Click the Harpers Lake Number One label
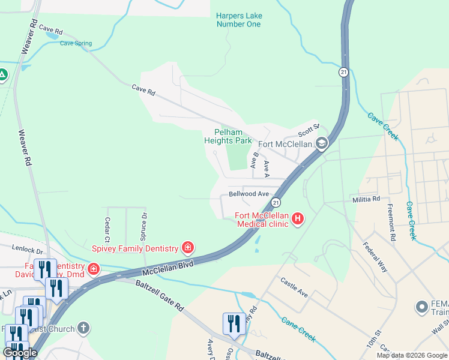point(238,20)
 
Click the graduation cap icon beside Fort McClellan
point(322,143)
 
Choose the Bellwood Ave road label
point(249,194)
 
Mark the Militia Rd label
point(366,199)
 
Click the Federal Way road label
point(375,257)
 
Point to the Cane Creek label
point(298,329)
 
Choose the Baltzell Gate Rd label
point(159,296)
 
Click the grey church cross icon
point(83,329)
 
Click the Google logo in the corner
point(20,353)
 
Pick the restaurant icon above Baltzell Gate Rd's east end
point(232,323)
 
